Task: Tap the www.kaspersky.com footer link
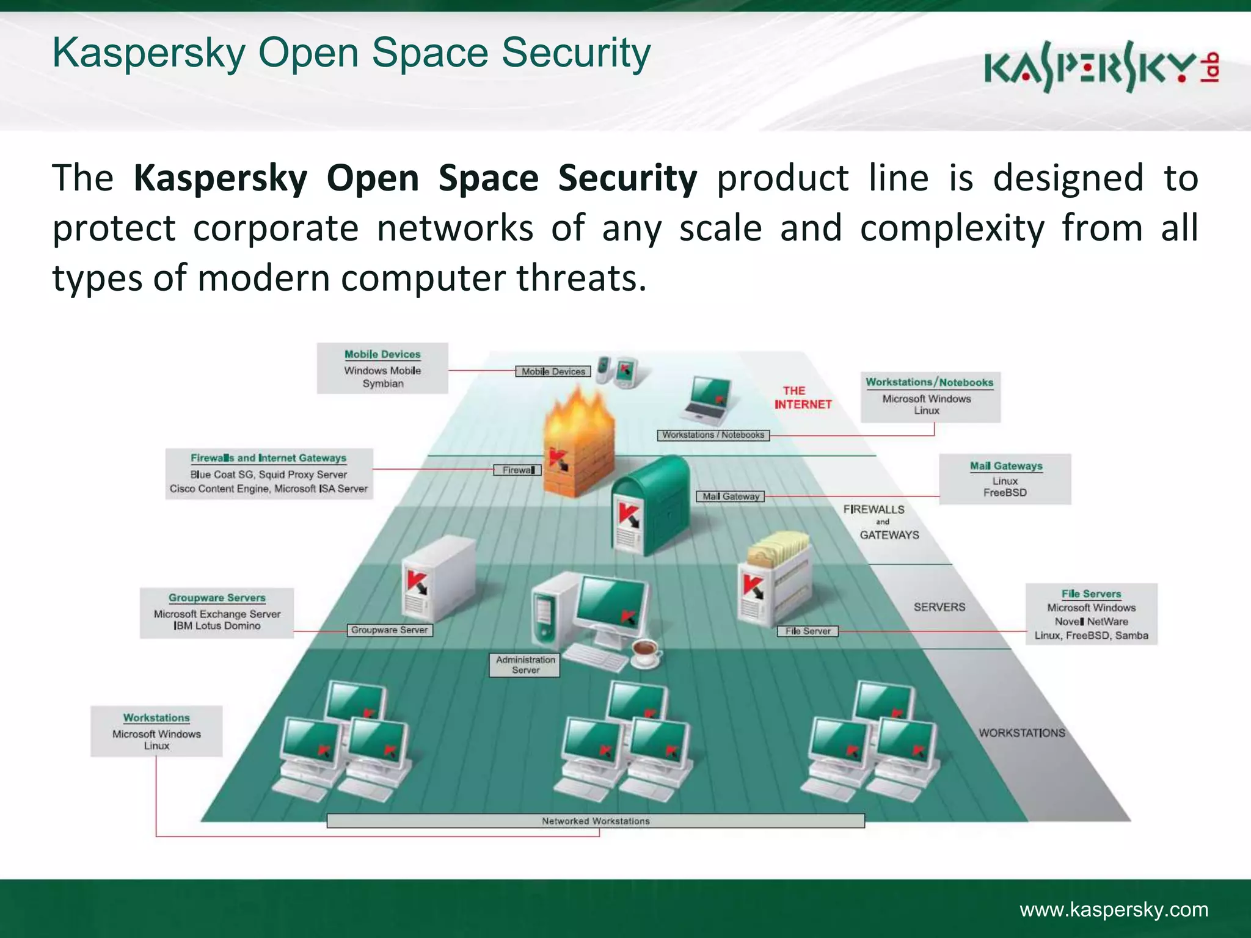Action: [1114, 909]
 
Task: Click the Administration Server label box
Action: [525, 664]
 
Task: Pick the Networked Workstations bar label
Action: [596, 821]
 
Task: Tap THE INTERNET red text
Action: [802, 397]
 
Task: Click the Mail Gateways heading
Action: [1005, 465]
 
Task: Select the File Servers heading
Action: [1091, 593]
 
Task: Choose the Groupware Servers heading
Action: [217, 597]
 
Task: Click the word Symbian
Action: [383, 384]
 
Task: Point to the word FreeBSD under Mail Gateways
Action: [1005, 492]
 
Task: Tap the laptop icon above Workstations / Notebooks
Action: [709, 400]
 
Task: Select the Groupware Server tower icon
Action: [437, 577]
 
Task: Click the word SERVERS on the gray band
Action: [939, 606]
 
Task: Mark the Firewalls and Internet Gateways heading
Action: [268, 457]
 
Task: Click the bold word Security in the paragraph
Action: [627, 178]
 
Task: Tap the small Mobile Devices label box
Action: [553, 371]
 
